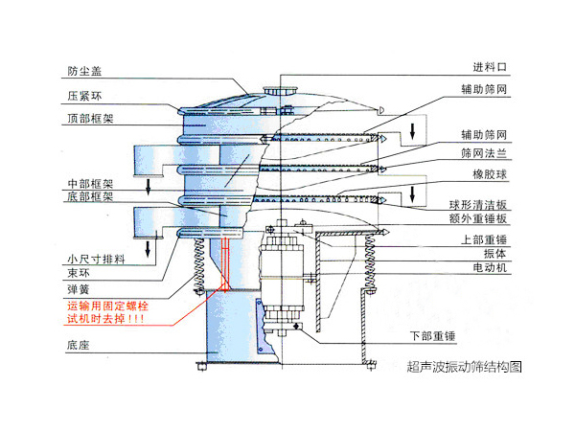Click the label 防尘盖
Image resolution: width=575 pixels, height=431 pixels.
(x=82, y=71)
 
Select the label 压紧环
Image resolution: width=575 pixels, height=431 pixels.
(x=82, y=96)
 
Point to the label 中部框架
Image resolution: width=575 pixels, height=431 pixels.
(x=88, y=182)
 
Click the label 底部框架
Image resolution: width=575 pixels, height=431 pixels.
(x=88, y=196)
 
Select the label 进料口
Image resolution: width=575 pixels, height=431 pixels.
(x=489, y=68)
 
